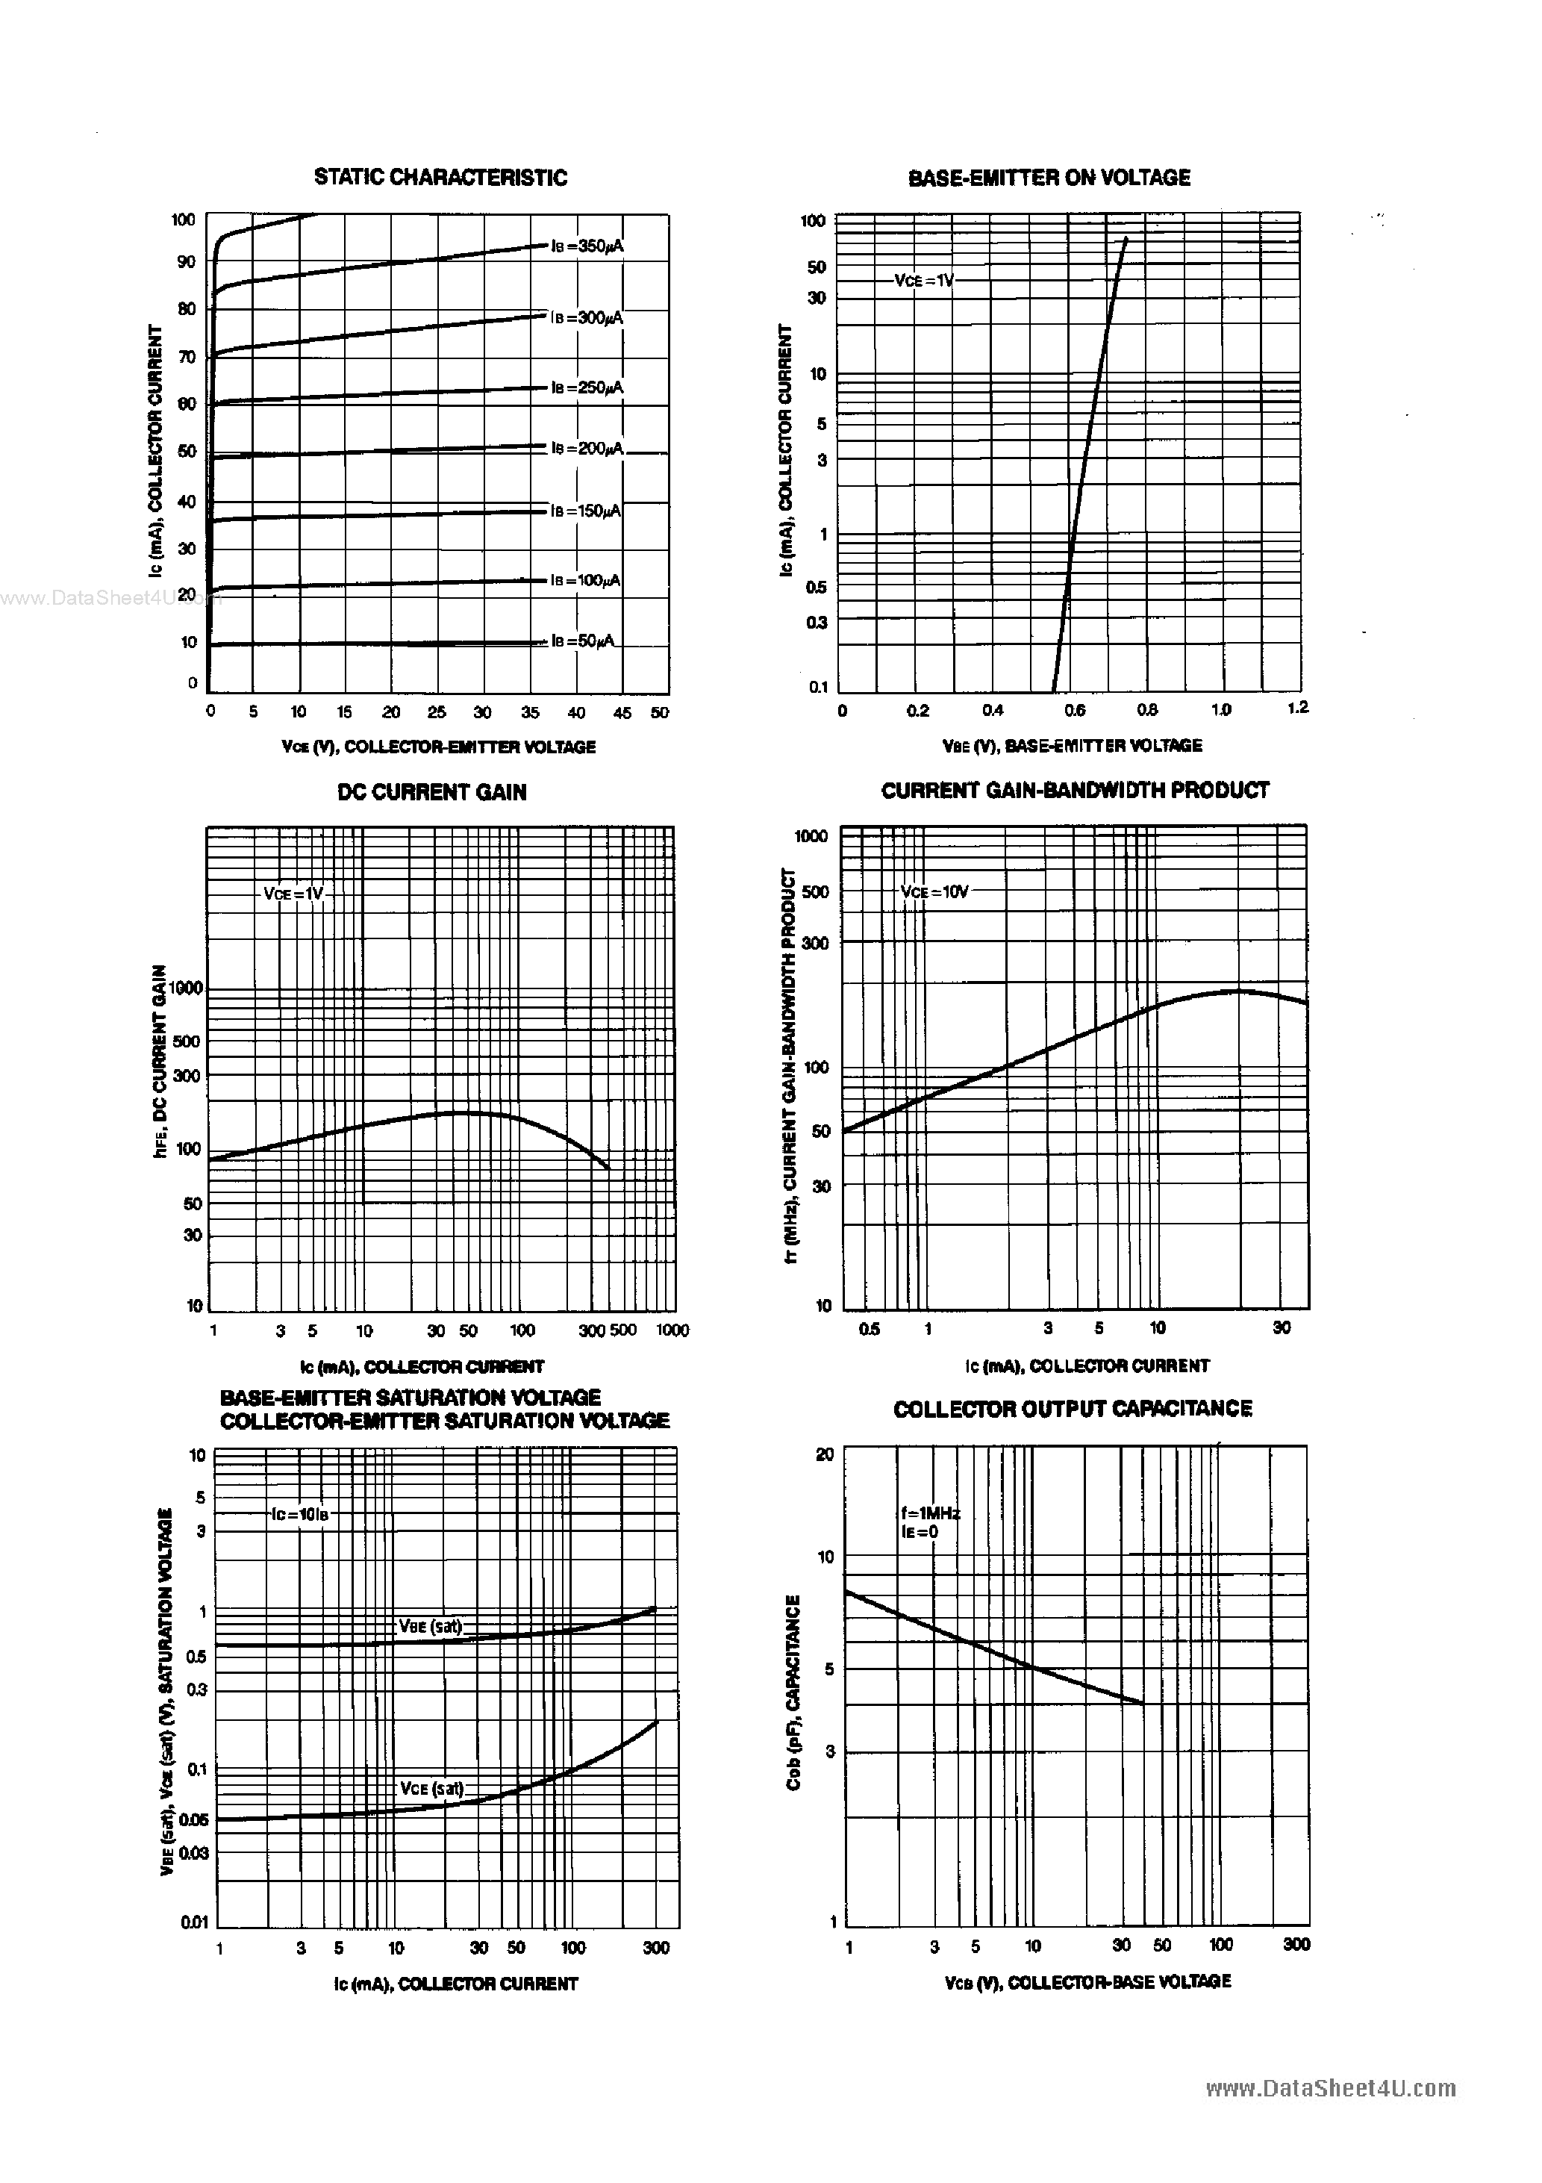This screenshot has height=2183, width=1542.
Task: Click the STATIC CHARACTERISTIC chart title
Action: click(440, 178)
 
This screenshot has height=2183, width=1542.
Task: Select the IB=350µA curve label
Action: click(587, 246)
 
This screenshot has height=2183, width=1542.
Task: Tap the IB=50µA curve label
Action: click(583, 642)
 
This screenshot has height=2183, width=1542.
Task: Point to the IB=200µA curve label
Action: click(587, 448)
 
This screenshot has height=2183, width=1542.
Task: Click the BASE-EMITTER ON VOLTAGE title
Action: click(1049, 178)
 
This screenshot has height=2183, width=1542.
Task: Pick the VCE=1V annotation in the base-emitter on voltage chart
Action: click(923, 281)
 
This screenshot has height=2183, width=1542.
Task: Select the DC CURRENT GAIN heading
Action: click(431, 792)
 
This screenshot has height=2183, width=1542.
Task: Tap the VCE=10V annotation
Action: click(934, 892)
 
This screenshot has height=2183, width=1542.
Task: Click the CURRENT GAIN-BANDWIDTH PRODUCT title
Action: click(1074, 790)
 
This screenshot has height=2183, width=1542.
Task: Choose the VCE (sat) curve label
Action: click(431, 1788)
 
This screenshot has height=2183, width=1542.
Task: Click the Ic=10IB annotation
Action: click(299, 1515)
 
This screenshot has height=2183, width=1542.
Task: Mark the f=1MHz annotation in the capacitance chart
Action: click(931, 1513)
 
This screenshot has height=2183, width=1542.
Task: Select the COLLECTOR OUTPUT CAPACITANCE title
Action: click(1073, 1409)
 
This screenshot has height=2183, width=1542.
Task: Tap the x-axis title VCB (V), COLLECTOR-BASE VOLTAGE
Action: click(1087, 1982)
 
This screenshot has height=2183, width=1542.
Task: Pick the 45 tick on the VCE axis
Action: click(622, 713)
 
